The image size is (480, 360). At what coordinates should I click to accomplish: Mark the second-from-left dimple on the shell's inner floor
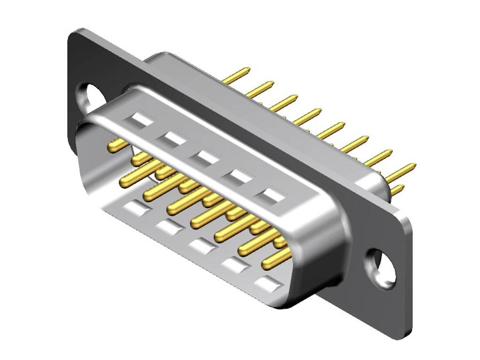point(169,226)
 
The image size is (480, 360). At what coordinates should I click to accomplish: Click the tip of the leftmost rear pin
point(247,70)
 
